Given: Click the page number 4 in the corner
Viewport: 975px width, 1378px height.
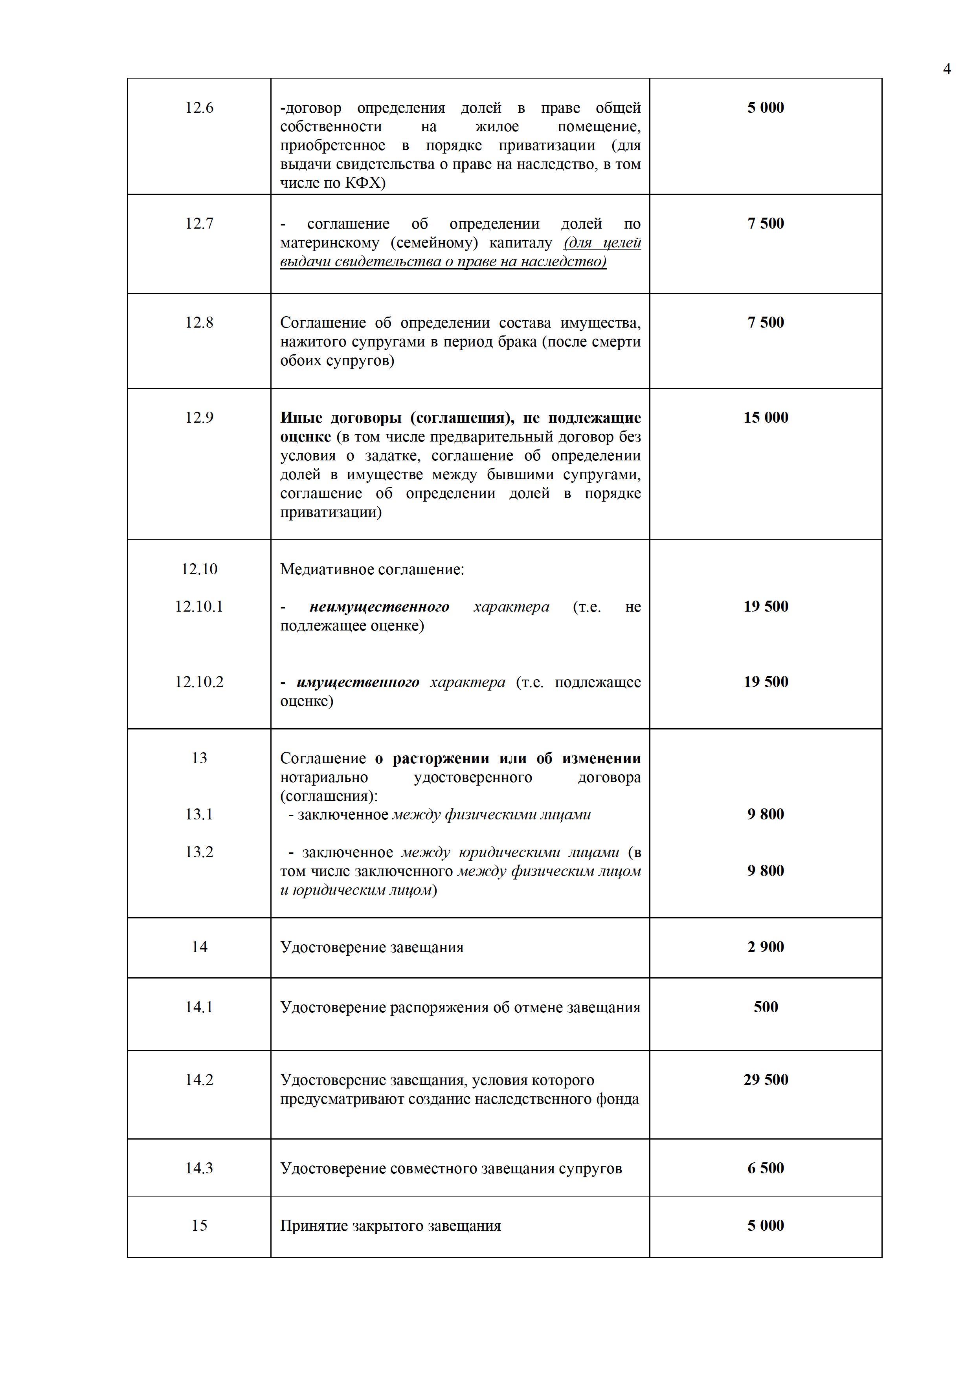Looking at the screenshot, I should coord(947,69).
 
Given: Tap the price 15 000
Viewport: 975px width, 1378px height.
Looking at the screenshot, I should coord(766,417).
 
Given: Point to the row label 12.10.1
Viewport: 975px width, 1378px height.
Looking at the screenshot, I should coord(199,606).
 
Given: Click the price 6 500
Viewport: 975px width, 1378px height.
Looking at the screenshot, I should coord(766,1167).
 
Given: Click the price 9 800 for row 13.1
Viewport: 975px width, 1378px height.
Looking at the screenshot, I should coord(766,814).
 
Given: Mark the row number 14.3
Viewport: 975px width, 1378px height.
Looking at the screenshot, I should coord(199,1168).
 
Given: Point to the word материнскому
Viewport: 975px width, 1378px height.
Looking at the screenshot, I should coord(330,243).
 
